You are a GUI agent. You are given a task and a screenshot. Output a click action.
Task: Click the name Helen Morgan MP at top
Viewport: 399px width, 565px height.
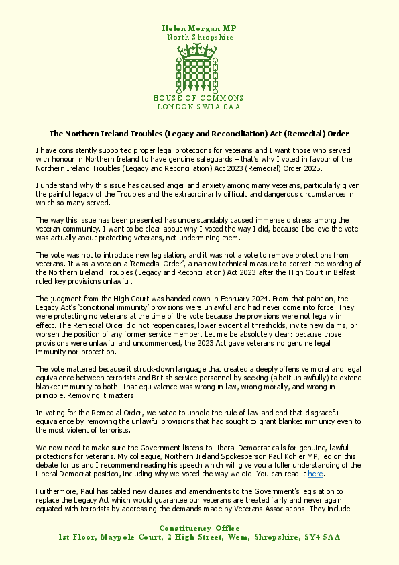click(199, 28)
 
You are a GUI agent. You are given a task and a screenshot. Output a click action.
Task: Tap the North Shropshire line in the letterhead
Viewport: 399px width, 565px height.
click(200, 38)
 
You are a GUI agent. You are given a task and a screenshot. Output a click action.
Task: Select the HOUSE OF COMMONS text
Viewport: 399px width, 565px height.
click(199, 98)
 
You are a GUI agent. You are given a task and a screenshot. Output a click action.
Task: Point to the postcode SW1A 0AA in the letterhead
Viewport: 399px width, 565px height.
click(217, 107)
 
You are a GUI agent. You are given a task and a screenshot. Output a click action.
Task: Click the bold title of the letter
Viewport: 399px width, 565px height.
click(199, 134)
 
